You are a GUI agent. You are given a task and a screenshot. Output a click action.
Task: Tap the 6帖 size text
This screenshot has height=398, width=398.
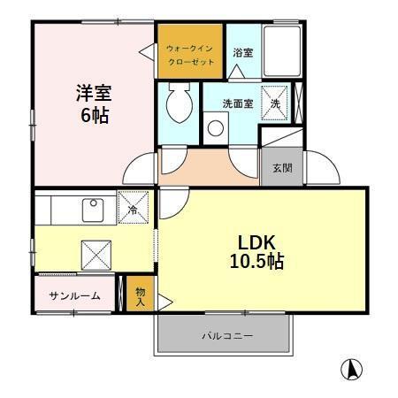click(92, 115)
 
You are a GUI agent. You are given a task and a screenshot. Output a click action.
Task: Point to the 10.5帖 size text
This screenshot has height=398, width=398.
click(257, 263)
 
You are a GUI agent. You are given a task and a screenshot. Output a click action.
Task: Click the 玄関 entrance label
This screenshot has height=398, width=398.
click(282, 168)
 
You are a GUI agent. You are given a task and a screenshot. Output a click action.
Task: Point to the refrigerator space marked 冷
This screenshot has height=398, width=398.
click(134, 210)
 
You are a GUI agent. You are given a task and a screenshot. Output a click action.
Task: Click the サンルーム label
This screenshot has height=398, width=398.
click(75, 295)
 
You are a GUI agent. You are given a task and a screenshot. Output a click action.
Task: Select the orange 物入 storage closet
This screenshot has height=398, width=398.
click(140, 295)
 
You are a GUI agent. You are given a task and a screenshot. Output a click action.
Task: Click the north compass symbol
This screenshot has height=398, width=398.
click(352, 370)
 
